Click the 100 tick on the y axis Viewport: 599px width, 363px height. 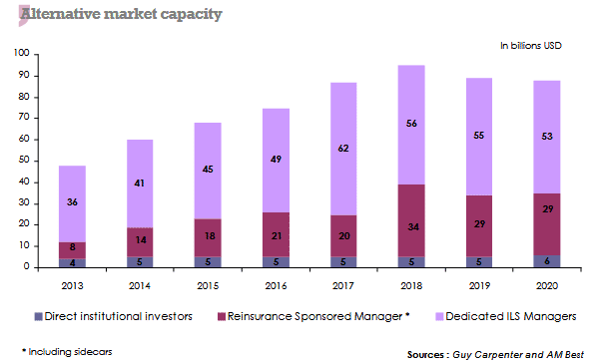22,54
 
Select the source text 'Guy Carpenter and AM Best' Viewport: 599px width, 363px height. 524,354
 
